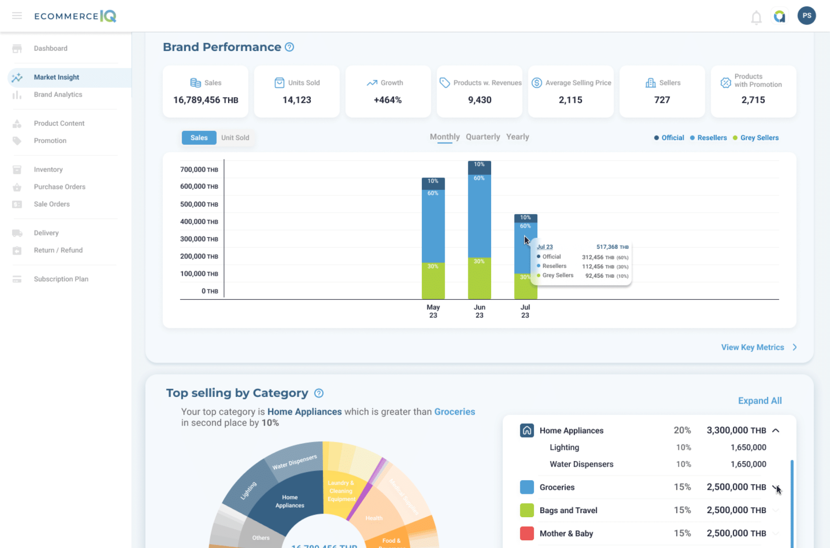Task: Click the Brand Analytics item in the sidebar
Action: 58,94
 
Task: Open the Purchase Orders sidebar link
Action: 60,187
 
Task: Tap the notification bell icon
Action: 756,17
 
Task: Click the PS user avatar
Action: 806,16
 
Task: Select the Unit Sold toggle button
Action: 235,138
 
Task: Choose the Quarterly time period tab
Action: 483,137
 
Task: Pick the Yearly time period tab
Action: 517,137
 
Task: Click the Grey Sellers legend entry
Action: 759,138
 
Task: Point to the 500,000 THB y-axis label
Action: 199,204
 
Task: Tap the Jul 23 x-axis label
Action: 525,311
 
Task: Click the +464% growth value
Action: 387,100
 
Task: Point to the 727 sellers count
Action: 662,100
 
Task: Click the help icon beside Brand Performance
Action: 289,47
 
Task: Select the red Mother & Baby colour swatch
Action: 526,533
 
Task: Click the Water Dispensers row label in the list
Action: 581,464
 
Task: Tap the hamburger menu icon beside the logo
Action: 17,16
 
